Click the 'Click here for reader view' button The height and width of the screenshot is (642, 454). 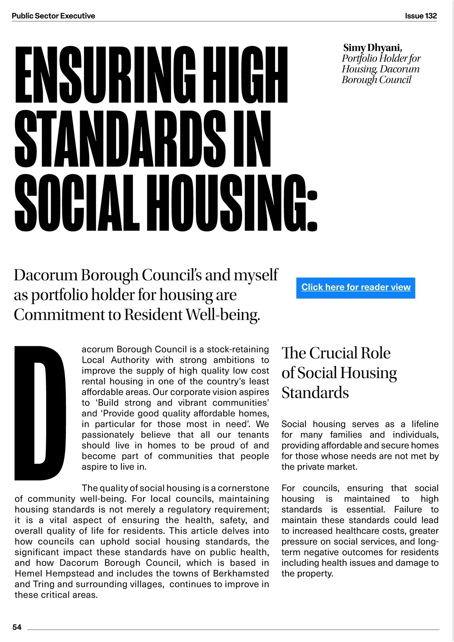pos(356,287)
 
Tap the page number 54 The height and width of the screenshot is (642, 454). pos(17,627)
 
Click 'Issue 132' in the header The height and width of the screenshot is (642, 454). pos(421,16)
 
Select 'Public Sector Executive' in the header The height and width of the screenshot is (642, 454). pos(53,16)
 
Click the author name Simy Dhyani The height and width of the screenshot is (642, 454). pos(372,48)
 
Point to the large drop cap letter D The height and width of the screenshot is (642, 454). pos(40,413)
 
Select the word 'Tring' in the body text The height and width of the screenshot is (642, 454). pos(44,584)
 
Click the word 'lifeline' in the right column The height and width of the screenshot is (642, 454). pos(425,424)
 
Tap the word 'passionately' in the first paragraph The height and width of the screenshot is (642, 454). pos(108,435)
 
